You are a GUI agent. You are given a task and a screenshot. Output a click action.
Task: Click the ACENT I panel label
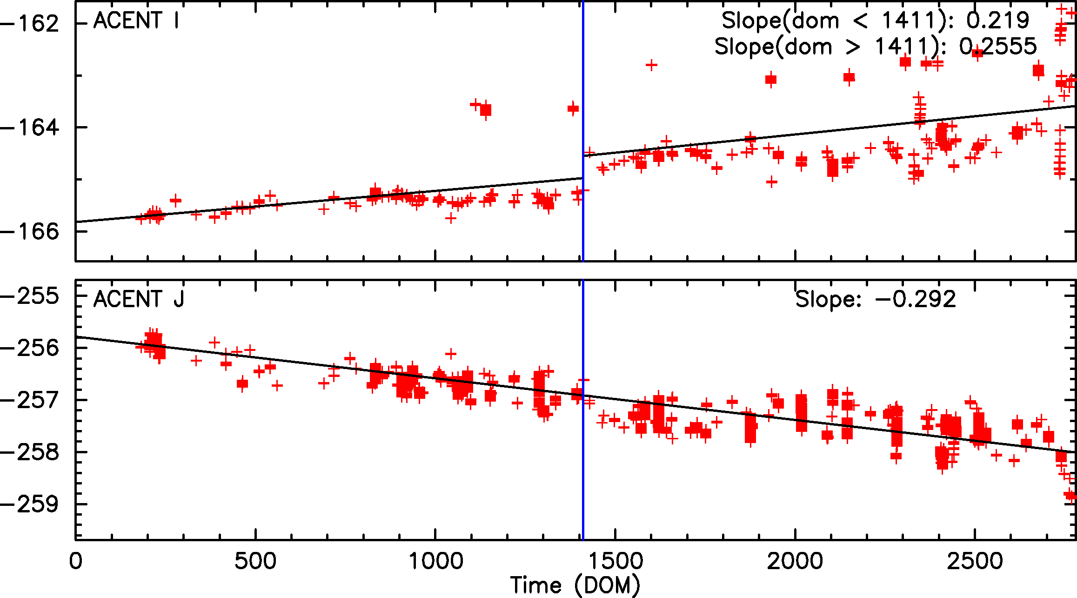pyautogui.click(x=136, y=21)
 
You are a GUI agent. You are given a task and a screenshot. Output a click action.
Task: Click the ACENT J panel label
pyautogui.click(x=139, y=299)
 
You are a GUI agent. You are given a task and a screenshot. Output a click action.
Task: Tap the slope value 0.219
pyautogui.click(x=997, y=20)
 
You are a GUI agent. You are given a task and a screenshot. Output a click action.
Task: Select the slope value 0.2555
pyautogui.click(x=997, y=47)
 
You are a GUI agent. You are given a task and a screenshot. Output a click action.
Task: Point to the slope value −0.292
pyautogui.click(x=915, y=299)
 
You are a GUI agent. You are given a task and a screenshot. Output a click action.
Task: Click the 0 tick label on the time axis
pyautogui.click(x=75, y=561)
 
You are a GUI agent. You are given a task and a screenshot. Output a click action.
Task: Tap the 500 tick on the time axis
pyautogui.click(x=255, y=561)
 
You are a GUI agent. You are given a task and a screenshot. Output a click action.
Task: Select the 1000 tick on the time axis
pyautogui.click(x=435, y=561)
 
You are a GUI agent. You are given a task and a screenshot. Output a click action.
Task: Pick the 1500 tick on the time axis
pyautogui.click(x=615, y=561)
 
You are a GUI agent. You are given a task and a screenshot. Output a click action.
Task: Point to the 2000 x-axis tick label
pyautogui.click(x=795, y=561)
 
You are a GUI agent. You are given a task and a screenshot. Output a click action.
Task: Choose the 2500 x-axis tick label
pyautogui.click(x=975, y=561)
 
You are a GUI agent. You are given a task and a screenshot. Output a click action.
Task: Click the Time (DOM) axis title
pyautogui.click(x=575, y=585)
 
